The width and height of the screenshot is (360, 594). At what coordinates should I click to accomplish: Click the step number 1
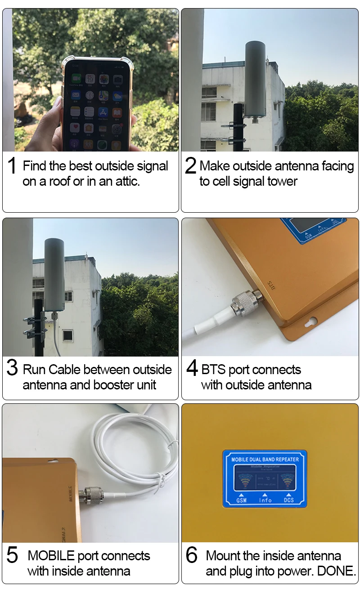pyautogui.click(x=12, y=166)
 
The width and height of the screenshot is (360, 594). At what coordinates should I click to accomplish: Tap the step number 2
pyautogui.click(x=191, y=166)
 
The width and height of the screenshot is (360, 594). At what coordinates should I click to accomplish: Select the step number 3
pyautogui.click(x=12, y=368)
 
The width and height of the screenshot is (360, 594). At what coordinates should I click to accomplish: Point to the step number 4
pyautogui.click(x=192, y=368)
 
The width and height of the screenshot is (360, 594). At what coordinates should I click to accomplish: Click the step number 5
pyautogui.click(x=12, y=555)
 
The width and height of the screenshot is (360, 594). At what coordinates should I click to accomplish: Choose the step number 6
pyautogui.click(x=192, y=555)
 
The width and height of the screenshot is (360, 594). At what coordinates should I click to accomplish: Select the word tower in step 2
pyautogui.click(x=281, y=182)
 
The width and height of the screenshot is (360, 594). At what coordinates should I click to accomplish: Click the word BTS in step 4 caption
pyautogui.click(x=214, y=370)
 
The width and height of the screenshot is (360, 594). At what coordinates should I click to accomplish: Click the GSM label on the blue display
pyautogui.click(x=241, y=500)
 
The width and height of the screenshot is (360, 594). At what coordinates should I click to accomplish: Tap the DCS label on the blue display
pyautogui.click(x=288, y=500)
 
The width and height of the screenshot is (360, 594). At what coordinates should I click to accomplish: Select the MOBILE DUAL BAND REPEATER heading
pyautogui.click(x=265, y=459)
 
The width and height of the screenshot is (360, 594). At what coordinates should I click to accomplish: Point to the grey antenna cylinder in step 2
pyautogui.click(x=255, y=81)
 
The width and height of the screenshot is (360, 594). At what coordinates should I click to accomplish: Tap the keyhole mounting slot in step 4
pyautogui.click(x=310, y=322)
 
